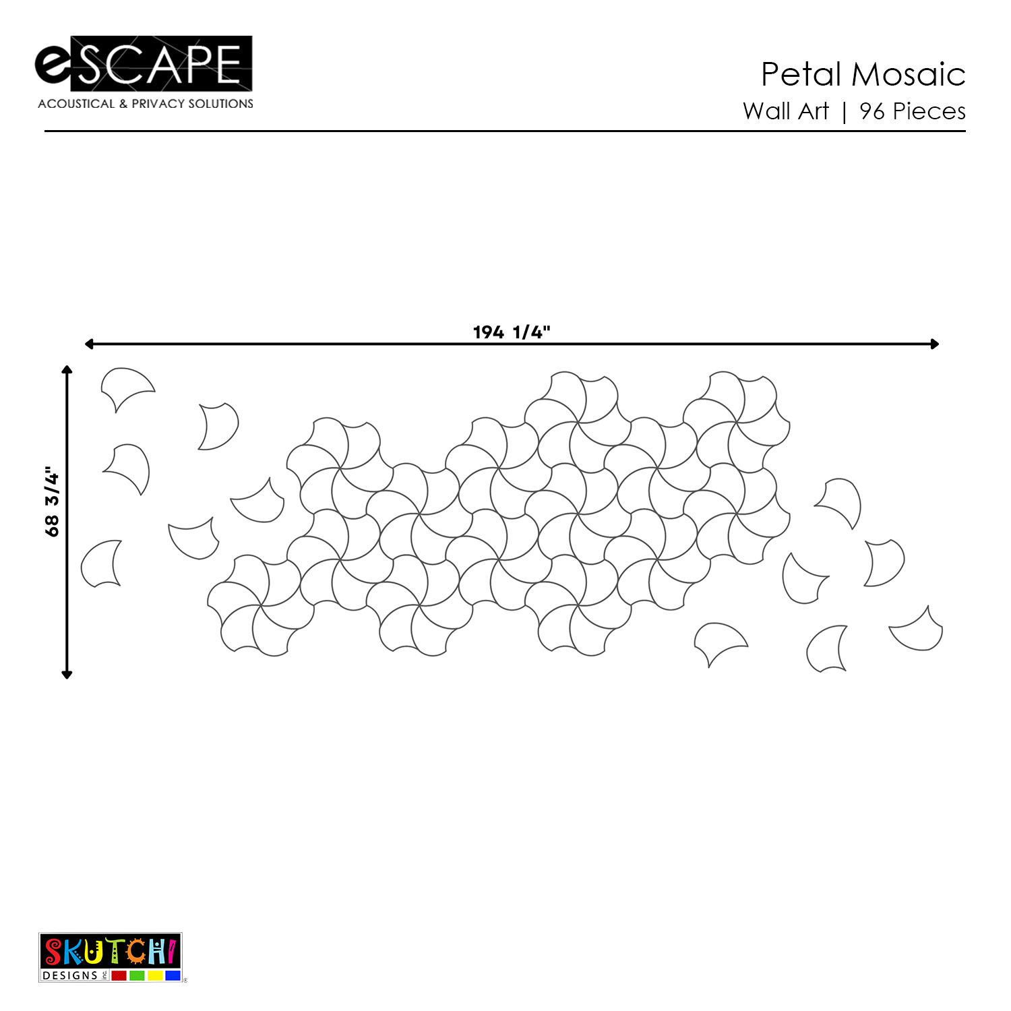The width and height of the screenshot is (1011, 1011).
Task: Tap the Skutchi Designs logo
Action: [x=111, y=957]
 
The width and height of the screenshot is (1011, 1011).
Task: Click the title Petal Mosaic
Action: [x=863, y=74]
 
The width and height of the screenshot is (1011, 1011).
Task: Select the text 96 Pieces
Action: [x=913, y=111]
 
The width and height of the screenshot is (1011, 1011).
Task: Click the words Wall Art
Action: [x=786, y=111]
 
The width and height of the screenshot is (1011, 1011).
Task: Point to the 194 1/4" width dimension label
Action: [x=512, y=332]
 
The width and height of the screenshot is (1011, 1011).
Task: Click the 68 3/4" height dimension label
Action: [x=52, y=501]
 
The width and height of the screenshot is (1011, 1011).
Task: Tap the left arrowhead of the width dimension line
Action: [x=89, y=344]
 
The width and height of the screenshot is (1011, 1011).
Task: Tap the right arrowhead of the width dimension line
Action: [x=935, y=344]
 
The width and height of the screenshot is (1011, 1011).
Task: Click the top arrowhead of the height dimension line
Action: [x=67, y=369]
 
